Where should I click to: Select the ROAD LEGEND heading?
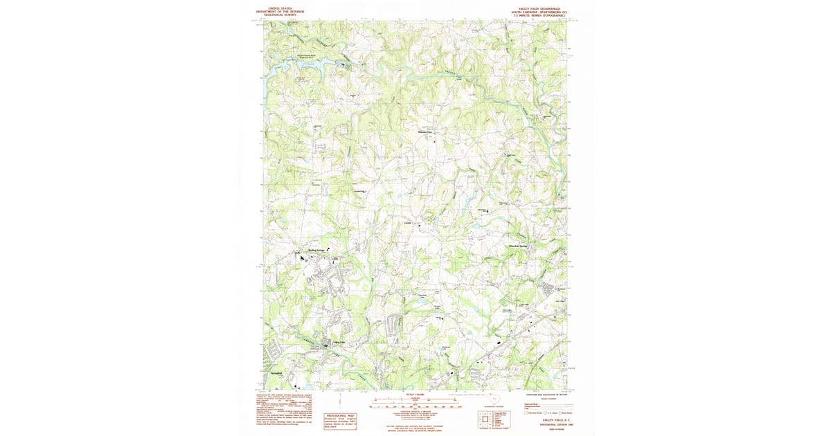pos(540,399)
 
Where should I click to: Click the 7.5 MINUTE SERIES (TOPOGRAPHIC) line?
pos(542,15)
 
